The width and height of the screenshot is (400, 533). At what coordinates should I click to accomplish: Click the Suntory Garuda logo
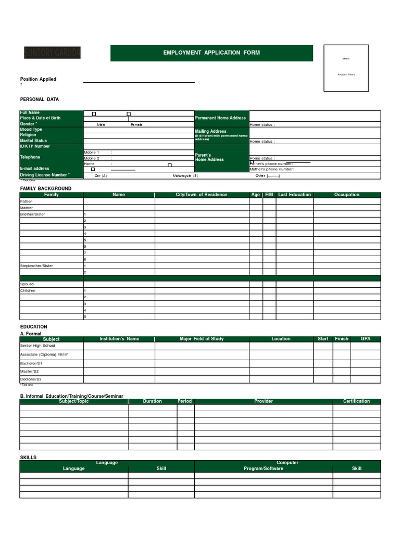pos(52,53)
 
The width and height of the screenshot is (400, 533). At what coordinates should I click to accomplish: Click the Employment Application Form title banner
pos(211,53)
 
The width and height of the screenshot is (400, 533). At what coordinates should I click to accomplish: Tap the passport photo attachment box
pos(346,68)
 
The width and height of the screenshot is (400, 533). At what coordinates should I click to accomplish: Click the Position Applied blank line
pos(139,81)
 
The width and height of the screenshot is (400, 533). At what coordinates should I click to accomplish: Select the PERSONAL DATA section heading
pos(40,99)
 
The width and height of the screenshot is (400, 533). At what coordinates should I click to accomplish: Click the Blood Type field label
pos(31,130)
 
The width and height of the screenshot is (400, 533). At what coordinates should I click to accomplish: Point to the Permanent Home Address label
pos(220,118)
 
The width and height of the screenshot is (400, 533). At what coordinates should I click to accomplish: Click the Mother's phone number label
pos(272,169)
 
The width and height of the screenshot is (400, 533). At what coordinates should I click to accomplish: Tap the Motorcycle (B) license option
pos(185,176)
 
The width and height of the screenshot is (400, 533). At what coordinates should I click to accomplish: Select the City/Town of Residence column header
pos(201,195)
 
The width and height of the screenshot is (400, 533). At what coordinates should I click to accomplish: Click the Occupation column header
pos(346,195)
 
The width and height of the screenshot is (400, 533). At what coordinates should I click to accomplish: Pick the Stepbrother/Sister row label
pos(36,266)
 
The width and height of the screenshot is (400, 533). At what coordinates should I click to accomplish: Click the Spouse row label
pos(27,284)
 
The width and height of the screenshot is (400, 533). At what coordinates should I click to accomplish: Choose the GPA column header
pos(366,339)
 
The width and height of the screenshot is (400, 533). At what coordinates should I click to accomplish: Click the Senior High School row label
pos(37,346)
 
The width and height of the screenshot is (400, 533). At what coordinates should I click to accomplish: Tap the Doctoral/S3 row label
pos(31,379)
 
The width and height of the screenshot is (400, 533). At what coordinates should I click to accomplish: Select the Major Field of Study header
pos(202,339)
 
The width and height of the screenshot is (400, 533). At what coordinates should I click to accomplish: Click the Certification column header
pos(356,401)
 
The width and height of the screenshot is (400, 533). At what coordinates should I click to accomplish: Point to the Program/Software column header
pos(264,468)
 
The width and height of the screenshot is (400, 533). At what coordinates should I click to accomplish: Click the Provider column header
pos(264,401)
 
